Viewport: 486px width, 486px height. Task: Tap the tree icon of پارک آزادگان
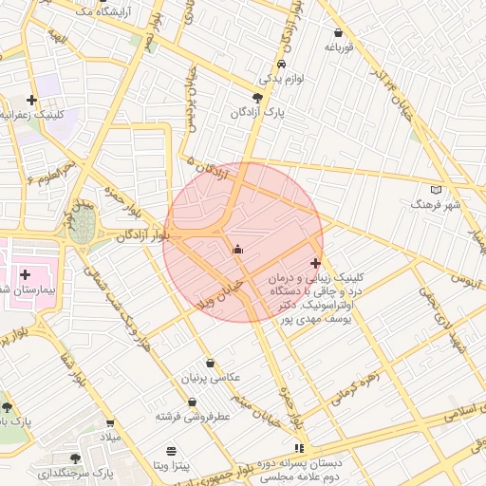pyautogui.click(x=257, y=97)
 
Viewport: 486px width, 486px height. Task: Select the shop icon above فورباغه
pyautogui.click(x=339, y=31)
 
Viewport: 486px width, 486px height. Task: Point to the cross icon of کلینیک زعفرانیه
pyautogui.click(x=32, y=99)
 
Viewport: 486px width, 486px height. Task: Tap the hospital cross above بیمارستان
pyautogui.click(x=26, y=274)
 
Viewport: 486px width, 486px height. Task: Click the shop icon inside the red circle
pyautogui.click(x=236, y=250)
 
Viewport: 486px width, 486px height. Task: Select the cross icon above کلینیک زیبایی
pyautogui.click(x=315, y=263)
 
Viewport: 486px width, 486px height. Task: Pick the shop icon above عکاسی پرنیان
pyautogui.click(x=210, y=364)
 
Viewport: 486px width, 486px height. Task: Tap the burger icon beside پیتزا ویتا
pyautogui.click(x=171, y=451)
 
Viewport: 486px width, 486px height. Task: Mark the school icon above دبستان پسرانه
pyautogui.click(x=300, y=447)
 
